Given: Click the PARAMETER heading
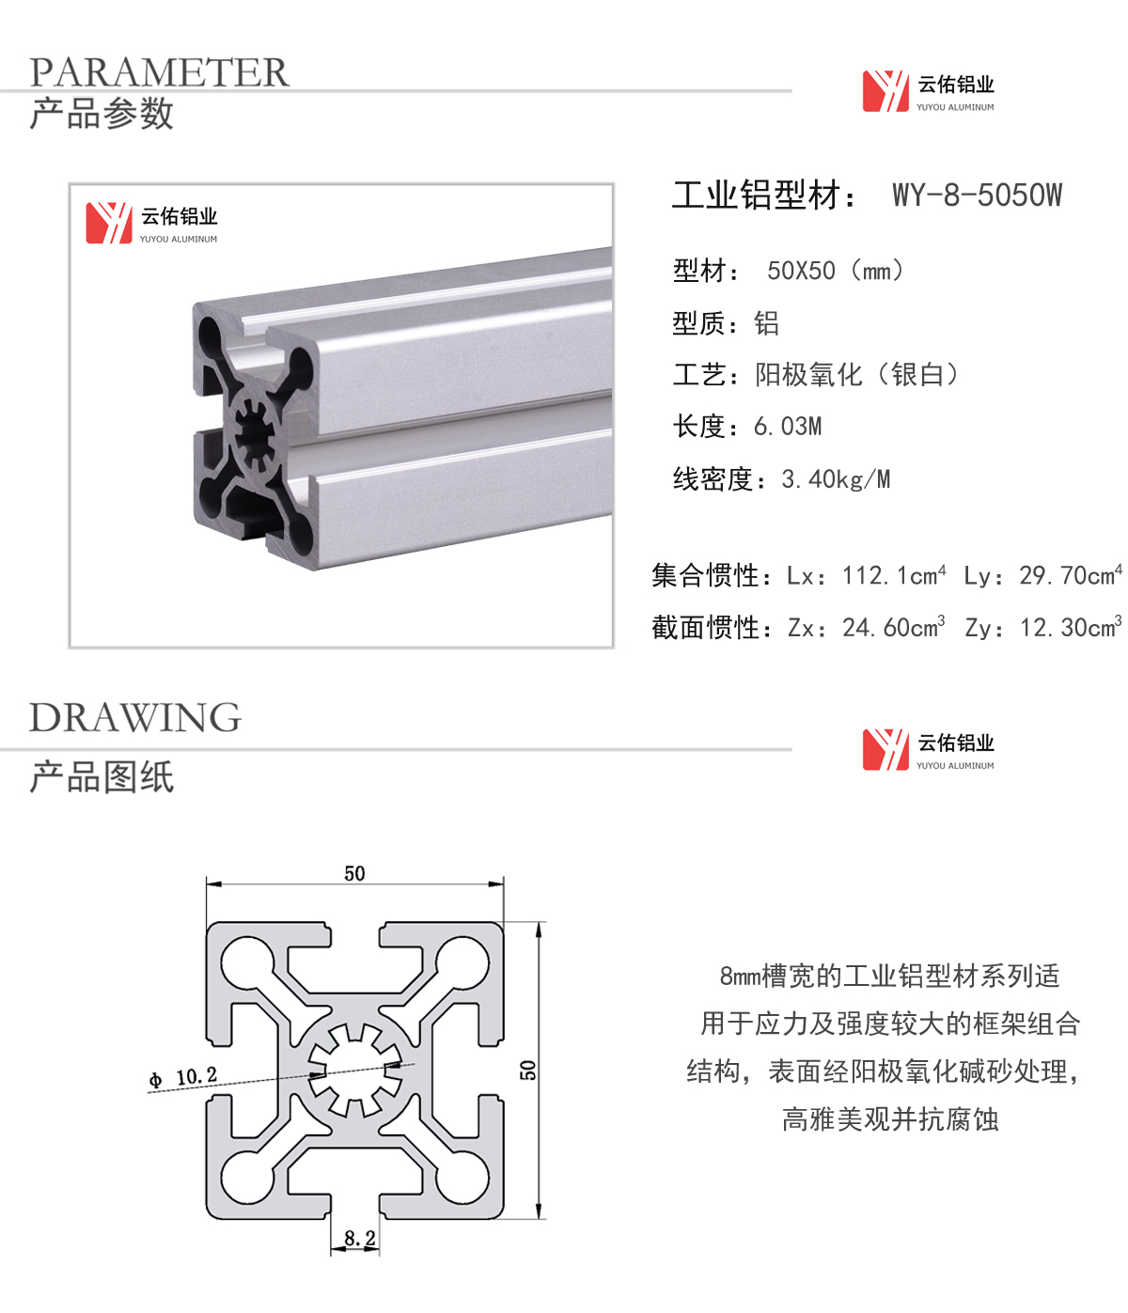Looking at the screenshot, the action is (159, 72).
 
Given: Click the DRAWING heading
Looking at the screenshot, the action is (135, 718).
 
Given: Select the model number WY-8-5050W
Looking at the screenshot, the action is (977, 195).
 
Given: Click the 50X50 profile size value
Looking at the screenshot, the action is (801, 272).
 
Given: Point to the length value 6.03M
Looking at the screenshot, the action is (788, 427).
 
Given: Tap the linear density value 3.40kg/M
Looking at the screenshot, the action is (836, 479).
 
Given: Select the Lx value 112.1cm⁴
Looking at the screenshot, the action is (894, 575).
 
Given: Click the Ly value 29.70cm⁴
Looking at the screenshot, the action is (1071, 575).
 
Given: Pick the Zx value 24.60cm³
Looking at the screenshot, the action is (894, 628).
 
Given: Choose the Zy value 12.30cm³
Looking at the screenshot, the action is (1071, 628).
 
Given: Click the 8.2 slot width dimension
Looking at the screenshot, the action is (360, 1238).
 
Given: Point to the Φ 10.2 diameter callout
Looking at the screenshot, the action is (183, 1078).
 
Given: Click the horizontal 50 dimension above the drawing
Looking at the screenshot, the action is (354, 873).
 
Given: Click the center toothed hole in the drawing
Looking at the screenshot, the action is (354, 1071).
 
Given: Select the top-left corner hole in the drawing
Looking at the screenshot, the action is (248, 962).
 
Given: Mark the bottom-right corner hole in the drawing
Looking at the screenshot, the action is (462, 1177).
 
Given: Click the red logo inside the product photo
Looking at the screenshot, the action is (109, 223).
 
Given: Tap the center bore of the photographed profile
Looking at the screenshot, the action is (255, 436).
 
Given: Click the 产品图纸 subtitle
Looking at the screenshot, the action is (102, 776).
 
